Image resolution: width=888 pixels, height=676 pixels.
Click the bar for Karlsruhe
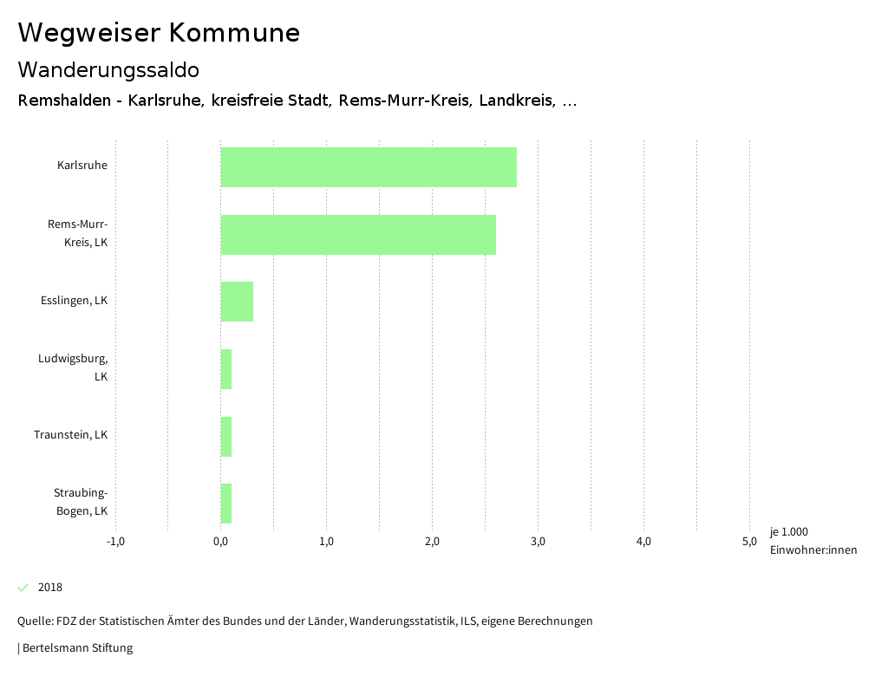tap(369, 167)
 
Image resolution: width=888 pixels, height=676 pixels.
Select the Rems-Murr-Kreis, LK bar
tap(358, 235)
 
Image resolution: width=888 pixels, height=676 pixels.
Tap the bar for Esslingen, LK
tap(237, 302)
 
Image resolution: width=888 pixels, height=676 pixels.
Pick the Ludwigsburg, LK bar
tap(226, 369)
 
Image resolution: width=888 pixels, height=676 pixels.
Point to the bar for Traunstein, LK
tap(226, 437)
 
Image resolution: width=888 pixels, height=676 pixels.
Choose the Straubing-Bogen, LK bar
tap(226, 504)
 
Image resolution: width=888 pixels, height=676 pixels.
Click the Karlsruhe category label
tap(82, 165)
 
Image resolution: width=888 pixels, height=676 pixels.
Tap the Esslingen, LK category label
tap(74, 301)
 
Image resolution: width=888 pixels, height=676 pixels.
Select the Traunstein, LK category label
tap(70, 435)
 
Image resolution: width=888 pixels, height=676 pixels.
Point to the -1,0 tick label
tap(115, 542)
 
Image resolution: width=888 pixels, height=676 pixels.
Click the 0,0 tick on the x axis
tap(220, 542)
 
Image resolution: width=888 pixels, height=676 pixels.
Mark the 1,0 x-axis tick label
tap(326, 542)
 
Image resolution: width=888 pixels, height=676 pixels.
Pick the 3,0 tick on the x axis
tap(538, 542)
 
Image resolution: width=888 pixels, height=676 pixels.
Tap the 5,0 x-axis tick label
tap(749, 542)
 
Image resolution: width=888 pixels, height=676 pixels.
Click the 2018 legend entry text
tap(50, 588)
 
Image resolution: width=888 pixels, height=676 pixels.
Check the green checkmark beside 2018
tap(23, 588)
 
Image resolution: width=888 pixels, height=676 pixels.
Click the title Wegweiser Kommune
tap(159, 33)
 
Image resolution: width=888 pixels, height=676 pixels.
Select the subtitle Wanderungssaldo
tap(108, 69)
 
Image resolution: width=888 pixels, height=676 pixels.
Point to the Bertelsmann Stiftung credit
tap(76, 648)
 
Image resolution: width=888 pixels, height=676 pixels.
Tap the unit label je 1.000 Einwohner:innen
tap(813, 541)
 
